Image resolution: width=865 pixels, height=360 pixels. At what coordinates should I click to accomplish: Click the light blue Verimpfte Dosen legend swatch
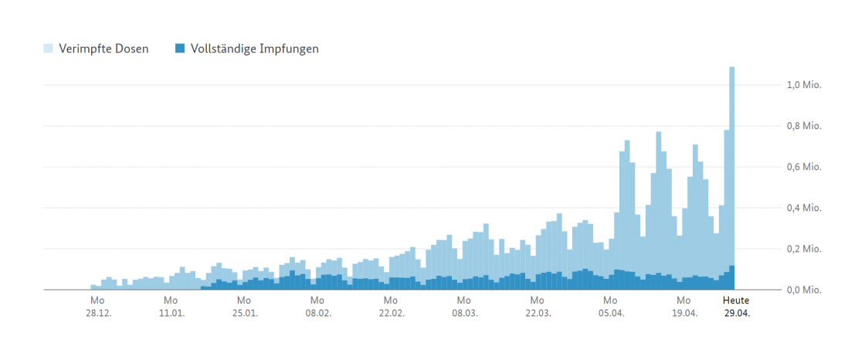click(48, 49)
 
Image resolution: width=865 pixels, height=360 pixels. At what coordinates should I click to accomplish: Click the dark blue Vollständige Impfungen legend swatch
click(180, 49)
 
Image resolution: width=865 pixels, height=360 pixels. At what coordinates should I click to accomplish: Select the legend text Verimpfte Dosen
click(103, 49)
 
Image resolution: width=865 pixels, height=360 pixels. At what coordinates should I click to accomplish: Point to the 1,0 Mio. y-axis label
click(803, 85)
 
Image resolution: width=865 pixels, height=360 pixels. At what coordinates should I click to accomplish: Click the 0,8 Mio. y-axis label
click(803, 126)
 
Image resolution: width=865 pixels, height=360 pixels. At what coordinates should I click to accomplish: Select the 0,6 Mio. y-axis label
click(803, 167)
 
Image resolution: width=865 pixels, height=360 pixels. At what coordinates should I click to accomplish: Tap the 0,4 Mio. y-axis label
click(803, 208)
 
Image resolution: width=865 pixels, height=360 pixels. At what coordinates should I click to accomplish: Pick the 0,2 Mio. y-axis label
click(803, 249)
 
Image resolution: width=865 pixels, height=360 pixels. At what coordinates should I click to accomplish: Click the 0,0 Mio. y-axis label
click(803, 290)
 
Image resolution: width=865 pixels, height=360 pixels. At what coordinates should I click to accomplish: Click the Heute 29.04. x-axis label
click(736, 307)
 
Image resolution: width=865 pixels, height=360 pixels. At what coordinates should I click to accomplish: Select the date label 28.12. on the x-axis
click(97, 314)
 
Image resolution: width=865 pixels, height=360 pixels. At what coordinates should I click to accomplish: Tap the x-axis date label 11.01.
click(171, 314)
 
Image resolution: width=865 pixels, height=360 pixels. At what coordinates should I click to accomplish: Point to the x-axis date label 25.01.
click(244, 314)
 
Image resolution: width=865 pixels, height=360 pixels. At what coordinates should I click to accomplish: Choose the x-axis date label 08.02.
click(317, 314)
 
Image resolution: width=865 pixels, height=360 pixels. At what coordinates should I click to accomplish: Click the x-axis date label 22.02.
click(391, 314)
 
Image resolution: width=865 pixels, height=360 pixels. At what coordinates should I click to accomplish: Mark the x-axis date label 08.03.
click(463, 314)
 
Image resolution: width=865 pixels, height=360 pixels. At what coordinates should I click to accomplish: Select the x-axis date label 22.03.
click(537, 314)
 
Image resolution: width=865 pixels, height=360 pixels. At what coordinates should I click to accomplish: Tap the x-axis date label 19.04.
click(684, 314)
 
